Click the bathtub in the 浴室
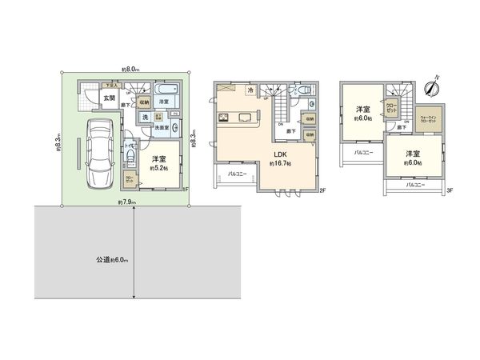[167, 90]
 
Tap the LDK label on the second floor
[281, 154]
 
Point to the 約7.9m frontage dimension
[126, 202]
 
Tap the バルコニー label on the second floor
[235, 172]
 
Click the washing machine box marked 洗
[146, 118]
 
